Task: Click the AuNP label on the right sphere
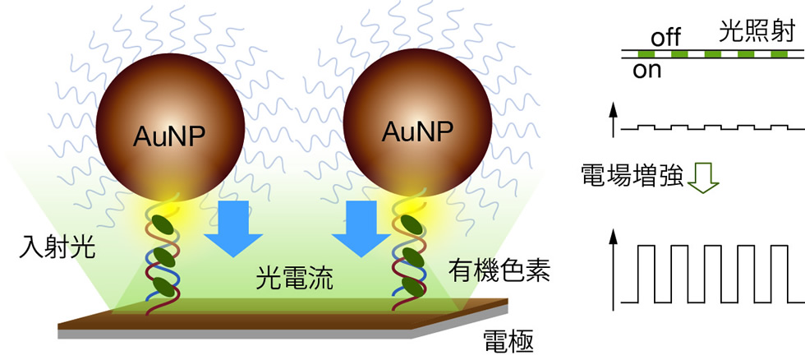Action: click(x=416, y=132)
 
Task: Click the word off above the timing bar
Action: click(x=666, y=38)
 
